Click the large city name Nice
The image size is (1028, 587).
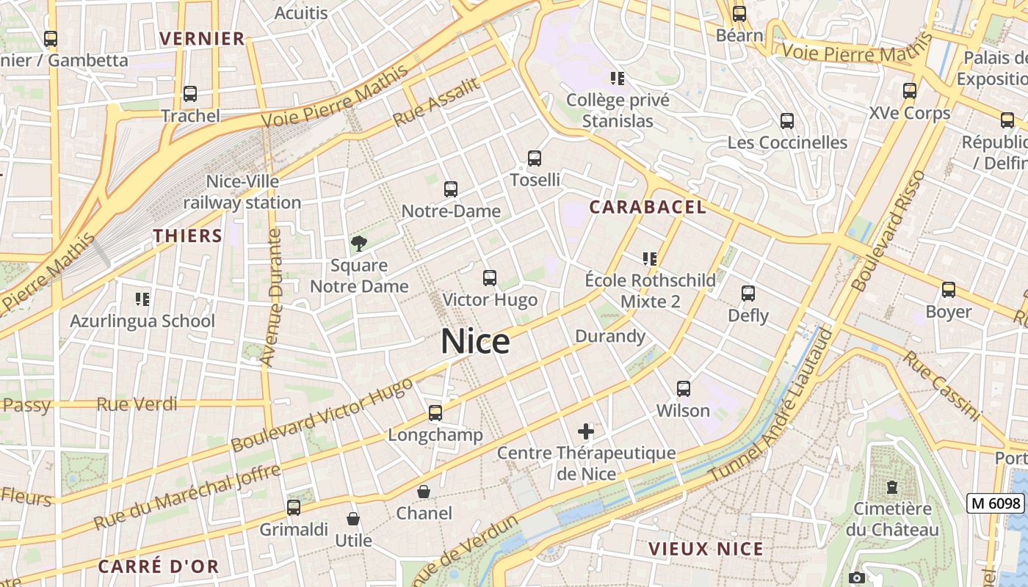(x=476, y=342)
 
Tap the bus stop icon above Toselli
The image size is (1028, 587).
(x=535, y=158)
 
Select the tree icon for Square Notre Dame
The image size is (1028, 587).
(x=358, y=243)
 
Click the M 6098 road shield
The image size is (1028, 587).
(x=996, y=503)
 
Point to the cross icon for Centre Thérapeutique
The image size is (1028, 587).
(x=585, y=431)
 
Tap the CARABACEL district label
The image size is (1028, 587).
(x=648, y=207)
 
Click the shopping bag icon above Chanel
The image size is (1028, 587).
(x=424, y=491)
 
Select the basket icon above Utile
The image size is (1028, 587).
(x=353, y=519)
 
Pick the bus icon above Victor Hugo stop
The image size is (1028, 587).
(x=490, y=278)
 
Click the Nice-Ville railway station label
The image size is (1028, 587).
(x=242, y=192)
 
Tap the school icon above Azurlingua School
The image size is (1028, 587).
(x=142, y=299)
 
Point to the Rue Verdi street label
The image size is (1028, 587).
(x=137, y=404)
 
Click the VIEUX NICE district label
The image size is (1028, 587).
(x=706, y=549)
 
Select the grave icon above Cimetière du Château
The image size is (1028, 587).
(x=892, y=486)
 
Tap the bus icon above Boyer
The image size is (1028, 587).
(x=949, y=290)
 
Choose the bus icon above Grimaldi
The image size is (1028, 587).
(x=294, y=507)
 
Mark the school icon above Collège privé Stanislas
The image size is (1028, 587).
(x=618, y=78)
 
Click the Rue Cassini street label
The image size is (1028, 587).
(x=941, y=387)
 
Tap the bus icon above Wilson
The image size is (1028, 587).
(x=684, y=388)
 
